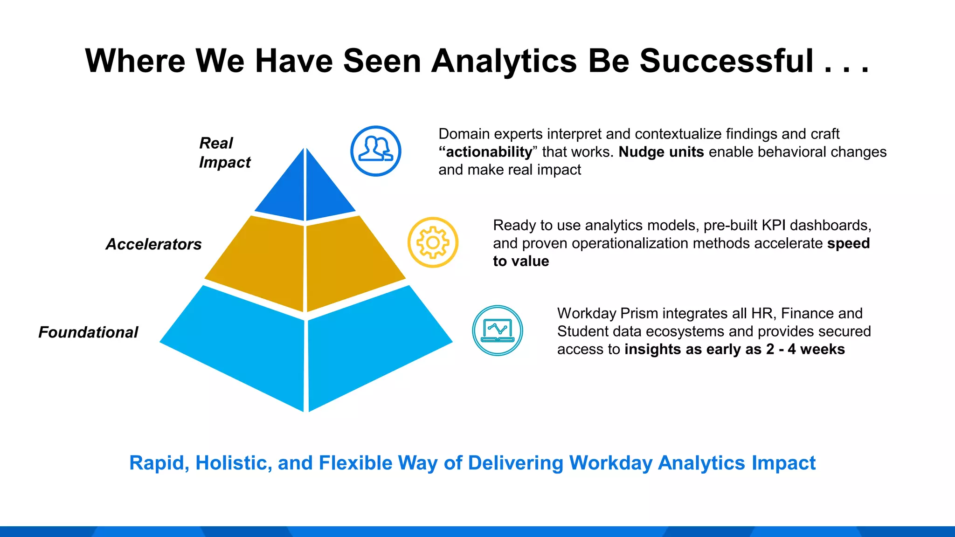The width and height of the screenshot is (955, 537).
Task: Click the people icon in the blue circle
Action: [376, 151]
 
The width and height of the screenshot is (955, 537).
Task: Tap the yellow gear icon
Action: [433, 242]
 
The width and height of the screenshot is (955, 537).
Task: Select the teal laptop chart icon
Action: [498, 330]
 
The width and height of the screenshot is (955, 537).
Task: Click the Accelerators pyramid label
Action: [153, 244]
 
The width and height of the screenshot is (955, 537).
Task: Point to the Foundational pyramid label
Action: [88, 332]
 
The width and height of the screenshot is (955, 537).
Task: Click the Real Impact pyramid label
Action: [224, 152]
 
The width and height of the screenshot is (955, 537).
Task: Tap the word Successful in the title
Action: [727, 61]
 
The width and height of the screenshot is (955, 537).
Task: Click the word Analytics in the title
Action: [504, 61]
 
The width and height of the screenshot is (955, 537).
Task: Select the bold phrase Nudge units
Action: [661, 152]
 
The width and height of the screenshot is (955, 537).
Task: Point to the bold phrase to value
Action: [521, 261]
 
